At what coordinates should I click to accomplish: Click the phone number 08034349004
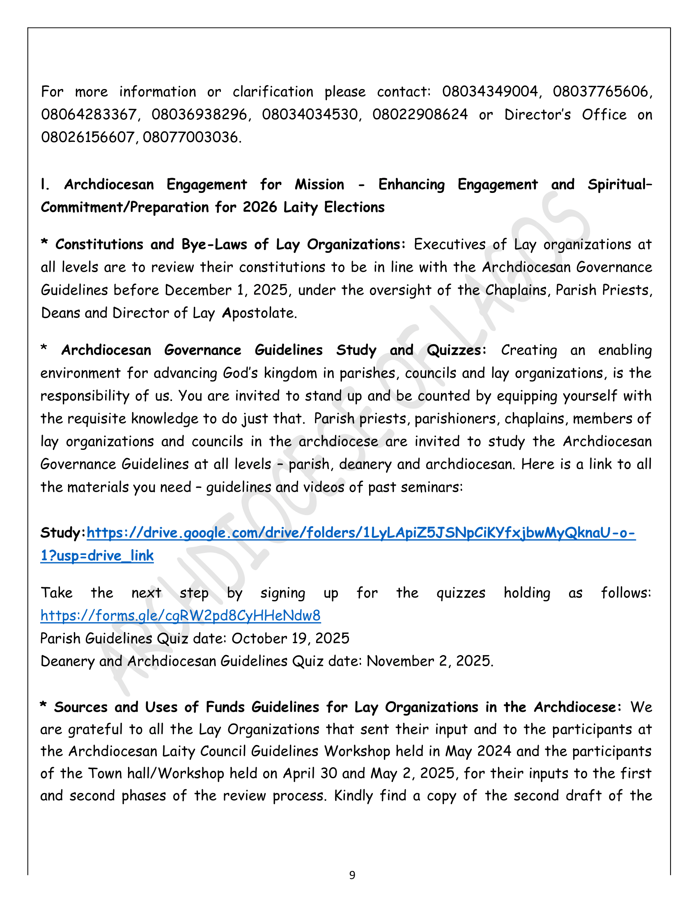pos(490,92)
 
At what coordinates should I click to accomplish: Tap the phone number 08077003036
pos(191,137)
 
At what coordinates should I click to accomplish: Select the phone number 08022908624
pos(420,114)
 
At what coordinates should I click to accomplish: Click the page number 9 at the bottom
pos(352,875)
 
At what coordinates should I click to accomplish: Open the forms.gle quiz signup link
pos(180,616)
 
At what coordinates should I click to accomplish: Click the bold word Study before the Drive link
pos(62,533)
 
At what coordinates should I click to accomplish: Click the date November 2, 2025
pos(429,661)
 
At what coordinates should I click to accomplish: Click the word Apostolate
pos(259,313)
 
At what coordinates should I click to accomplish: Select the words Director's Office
pos(565,114)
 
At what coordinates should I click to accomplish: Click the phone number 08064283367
pos(89,114)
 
